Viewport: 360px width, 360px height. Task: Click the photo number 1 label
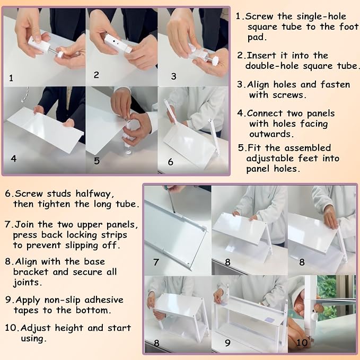11,78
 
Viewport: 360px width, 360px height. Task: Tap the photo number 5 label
96,161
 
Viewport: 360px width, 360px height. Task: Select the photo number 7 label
156,262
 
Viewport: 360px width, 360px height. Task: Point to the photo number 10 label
302,343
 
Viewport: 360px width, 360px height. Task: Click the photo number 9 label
227,343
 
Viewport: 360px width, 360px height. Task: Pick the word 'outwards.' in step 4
271,134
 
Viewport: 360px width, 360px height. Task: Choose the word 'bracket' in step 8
31,272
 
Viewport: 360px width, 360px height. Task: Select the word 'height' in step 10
69,328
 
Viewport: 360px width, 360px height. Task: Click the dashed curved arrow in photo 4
25,94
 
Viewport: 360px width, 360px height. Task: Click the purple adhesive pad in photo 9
269,320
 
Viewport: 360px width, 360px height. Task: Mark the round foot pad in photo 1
61,55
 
